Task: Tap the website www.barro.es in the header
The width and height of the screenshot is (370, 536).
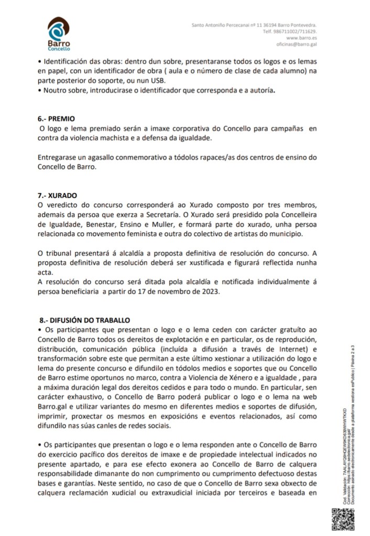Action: pos(301,38)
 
